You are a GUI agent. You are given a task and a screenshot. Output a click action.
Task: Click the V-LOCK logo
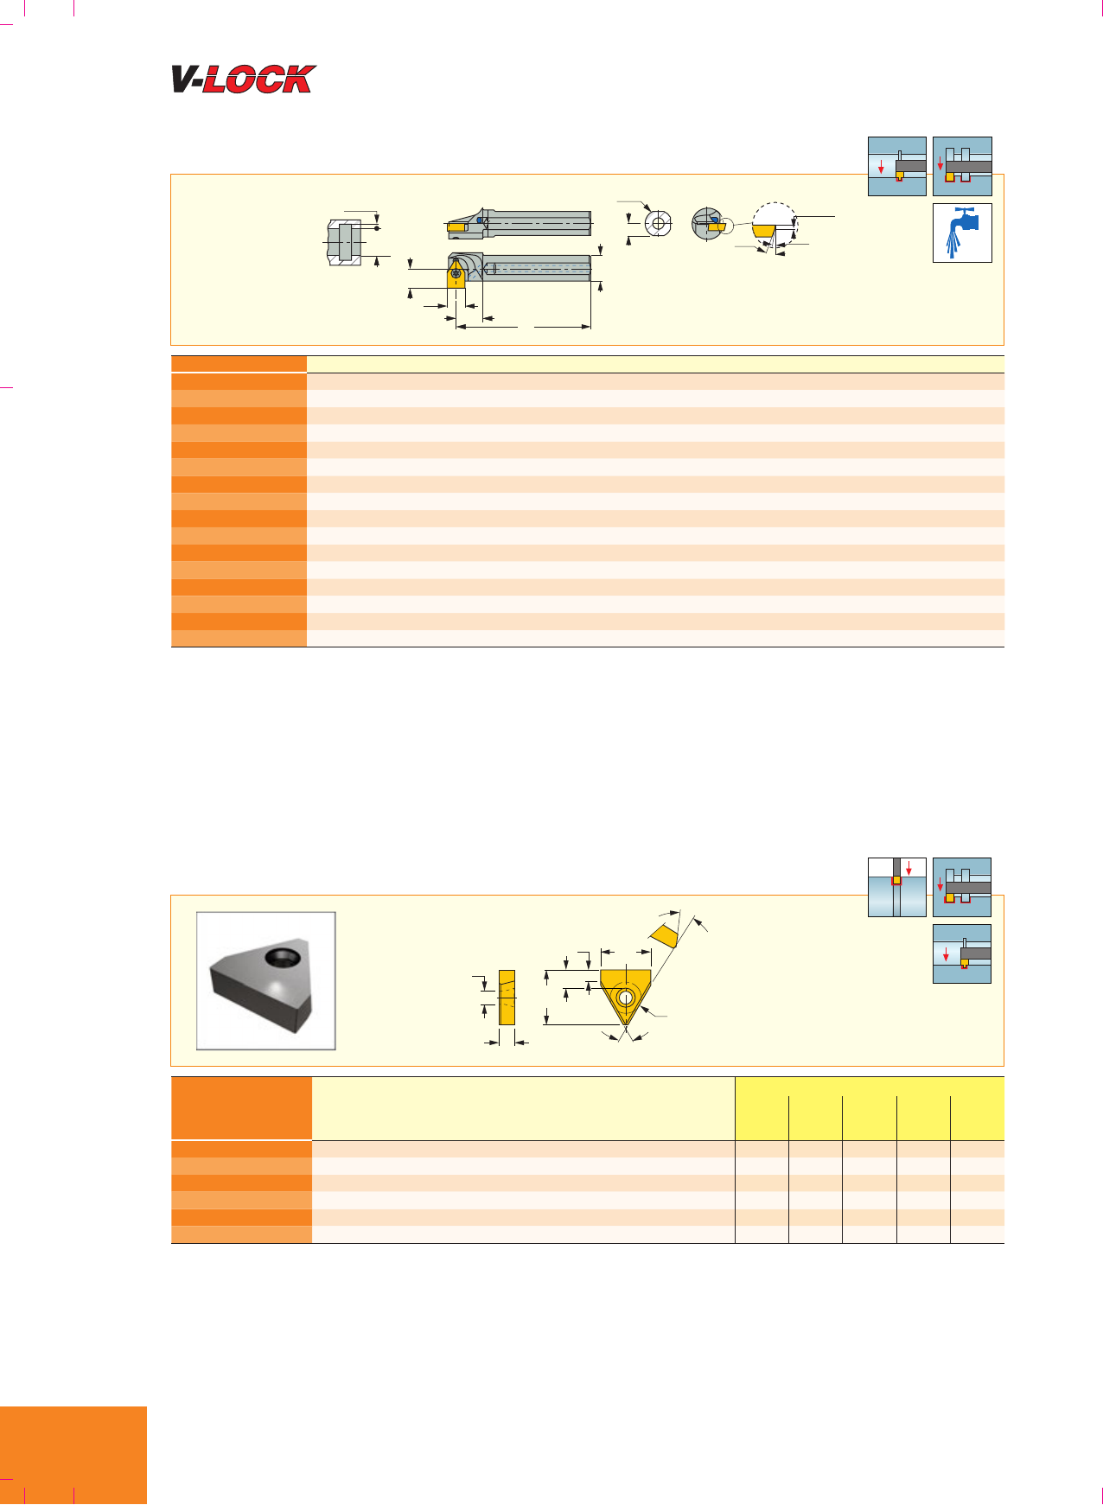click(244, 80)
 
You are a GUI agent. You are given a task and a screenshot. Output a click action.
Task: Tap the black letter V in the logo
click(187, 80)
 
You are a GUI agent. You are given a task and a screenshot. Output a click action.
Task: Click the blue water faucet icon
click(962, 233)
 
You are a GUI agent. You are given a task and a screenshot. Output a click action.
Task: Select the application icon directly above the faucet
click(962, 166)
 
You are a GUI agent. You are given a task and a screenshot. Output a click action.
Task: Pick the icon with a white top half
click(897, 887)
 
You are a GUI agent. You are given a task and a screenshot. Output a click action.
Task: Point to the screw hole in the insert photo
click(281, 957)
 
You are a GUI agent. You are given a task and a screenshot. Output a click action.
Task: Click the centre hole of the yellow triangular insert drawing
click(625, 997)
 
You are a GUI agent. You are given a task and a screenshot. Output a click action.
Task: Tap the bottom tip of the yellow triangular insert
click(625, 1026)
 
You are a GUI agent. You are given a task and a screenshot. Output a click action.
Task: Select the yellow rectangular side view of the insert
click(507, 997)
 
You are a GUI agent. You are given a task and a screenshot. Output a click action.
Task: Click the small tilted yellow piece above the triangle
click(664, 935)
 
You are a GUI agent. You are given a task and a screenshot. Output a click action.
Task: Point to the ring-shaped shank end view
click(659, 223)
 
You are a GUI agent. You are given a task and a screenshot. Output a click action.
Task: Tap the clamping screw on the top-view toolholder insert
click(456, 273)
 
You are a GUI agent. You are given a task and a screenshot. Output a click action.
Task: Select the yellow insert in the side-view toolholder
click(458, 226)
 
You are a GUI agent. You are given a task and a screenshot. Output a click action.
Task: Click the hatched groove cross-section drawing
click(345, 241)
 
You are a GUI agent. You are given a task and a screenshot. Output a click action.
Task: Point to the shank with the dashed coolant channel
click(536, 268)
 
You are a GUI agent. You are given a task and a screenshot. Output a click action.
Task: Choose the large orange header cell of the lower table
click(241, 1108)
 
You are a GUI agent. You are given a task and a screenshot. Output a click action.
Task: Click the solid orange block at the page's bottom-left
click(73, 1456)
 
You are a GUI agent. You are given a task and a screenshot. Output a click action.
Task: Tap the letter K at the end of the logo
click(296, 80)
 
